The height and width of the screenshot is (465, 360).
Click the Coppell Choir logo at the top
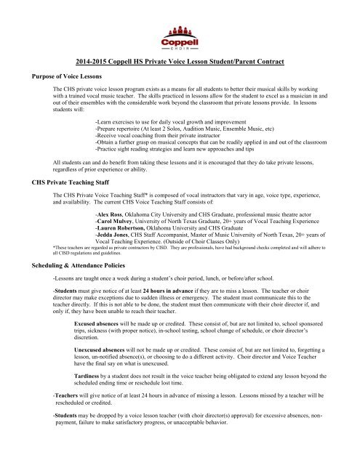click(x=180, y=35)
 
